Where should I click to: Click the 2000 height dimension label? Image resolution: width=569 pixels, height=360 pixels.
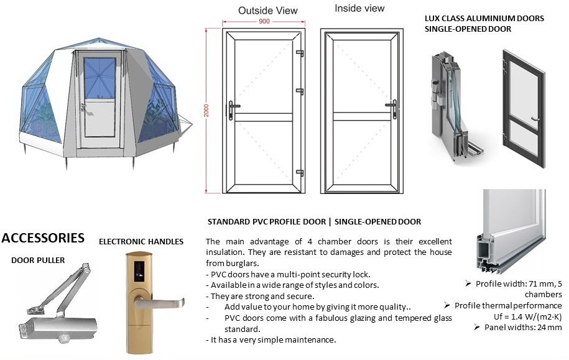click(x=206, y=111)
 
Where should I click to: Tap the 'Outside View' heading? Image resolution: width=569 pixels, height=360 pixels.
click(x=268, y=10)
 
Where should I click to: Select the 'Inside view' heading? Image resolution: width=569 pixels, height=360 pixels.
click(x=359, y=9)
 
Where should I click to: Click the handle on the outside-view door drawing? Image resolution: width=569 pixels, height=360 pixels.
click(x=233, y=109)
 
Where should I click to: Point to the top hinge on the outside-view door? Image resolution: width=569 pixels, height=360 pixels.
click(x=300, y=53)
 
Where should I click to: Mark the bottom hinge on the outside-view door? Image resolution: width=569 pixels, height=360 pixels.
click(x=300, y=172)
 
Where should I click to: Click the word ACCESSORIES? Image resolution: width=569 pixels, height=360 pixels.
click(x=43, y=238)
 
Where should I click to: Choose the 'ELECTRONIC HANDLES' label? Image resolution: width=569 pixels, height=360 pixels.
click(x=141, y=241)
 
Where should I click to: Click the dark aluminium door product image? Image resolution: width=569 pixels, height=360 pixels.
click(x=523, y=107)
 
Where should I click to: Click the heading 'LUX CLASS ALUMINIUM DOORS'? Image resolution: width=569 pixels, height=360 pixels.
click(x=484, y=18)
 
